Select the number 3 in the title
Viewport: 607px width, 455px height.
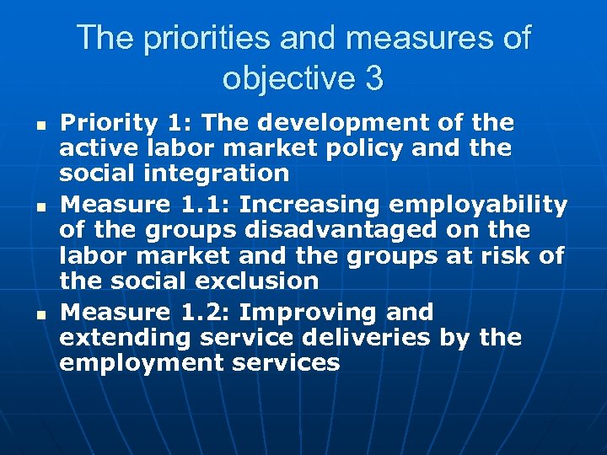374,78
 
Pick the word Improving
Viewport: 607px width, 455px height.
309,313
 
